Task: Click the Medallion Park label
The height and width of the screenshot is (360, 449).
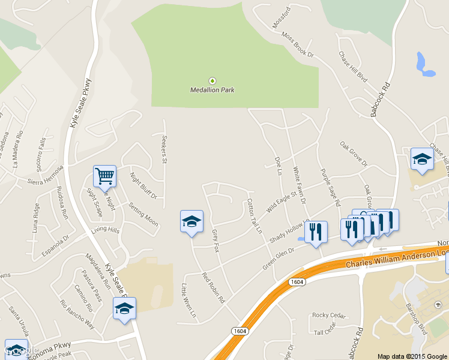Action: click(212, 90)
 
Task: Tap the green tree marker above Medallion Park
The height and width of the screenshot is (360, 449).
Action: click(211, 80)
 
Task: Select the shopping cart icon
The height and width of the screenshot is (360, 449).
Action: click(104, 176)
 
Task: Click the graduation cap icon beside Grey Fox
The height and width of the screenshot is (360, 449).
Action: click(191, 221)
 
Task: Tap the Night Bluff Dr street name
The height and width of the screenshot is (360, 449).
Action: click(144, 185)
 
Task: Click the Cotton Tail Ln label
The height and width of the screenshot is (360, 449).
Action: click(255, 217)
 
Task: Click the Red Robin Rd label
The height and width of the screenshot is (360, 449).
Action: click(213, 287)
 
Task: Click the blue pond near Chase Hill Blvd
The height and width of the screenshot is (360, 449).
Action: click(423, 65)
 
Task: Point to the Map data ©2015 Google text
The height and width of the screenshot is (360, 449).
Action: click(411, 355)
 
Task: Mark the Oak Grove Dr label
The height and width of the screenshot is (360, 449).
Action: click(353, 153)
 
